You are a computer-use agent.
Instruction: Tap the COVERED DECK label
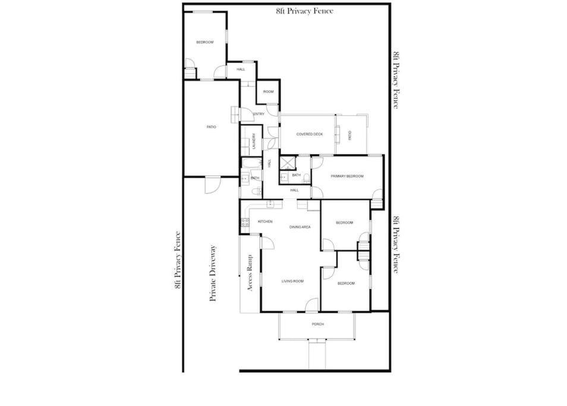point(310,134)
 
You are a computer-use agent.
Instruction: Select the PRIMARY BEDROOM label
point(347,176)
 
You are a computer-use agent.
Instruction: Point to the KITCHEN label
point(265,221)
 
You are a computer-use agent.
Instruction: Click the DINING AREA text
point(300,227)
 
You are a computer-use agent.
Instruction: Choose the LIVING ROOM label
point(292,281)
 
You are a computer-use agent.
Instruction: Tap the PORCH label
point(318,325)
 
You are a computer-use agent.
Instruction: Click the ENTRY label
point(259,114)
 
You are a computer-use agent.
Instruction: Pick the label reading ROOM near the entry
point(268,92)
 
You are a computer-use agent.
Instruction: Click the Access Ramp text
point(250,273)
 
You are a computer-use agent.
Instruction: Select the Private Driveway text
point(213,273)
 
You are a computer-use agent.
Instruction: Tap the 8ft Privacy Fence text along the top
point(304,11)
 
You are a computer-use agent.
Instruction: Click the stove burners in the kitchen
point(245,222)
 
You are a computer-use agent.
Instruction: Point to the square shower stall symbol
point(288,163)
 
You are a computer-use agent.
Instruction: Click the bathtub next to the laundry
point(251,163)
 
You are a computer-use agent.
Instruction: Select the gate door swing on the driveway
point(212,185)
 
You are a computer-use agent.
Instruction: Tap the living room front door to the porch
point(311,305)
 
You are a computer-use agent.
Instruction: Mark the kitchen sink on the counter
point(270,204)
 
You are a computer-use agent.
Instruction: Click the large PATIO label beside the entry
point(211,127)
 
